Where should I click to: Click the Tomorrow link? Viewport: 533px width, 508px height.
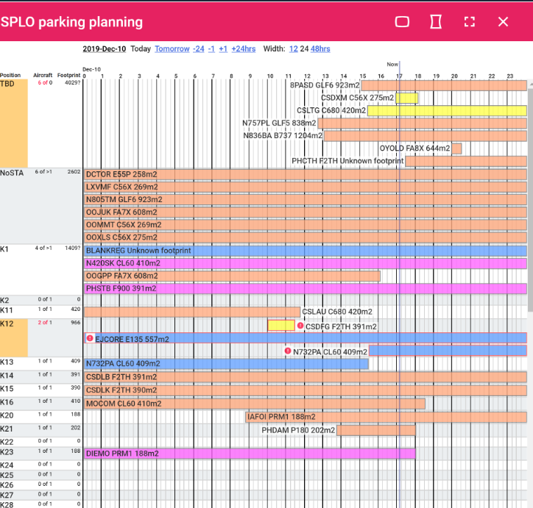tap(172, 49)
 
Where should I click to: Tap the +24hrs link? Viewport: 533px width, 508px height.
tap(244, 49)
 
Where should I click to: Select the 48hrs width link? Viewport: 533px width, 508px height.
tap(320, 49)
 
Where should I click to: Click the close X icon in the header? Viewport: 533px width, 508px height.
tap(503, 22)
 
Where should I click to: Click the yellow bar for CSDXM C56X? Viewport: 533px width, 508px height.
tap(407, 98)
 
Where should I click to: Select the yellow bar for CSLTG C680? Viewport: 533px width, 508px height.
tap(447, 110)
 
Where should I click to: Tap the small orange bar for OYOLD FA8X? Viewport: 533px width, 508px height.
tap(456, 149)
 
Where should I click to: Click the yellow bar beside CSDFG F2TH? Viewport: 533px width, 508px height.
tap(281, 326)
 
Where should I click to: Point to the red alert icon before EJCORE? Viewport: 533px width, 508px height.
tap(90, 338)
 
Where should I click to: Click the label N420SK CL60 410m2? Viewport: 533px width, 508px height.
tap(123, 263)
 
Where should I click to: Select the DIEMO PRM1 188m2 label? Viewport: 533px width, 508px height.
tap(122, 454)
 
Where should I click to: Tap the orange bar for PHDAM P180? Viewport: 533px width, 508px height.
tap(376, 430)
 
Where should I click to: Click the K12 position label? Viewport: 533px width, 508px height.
tap(7, 323)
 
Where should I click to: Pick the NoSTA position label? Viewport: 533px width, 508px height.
tap(12, 173)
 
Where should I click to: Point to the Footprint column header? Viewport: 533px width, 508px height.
tap(68, 75)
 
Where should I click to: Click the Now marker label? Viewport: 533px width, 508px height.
tap(392, 64)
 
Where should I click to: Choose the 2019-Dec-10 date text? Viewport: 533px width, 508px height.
tap(105, 49)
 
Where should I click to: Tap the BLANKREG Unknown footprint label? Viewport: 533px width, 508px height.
tap(138, 251)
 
